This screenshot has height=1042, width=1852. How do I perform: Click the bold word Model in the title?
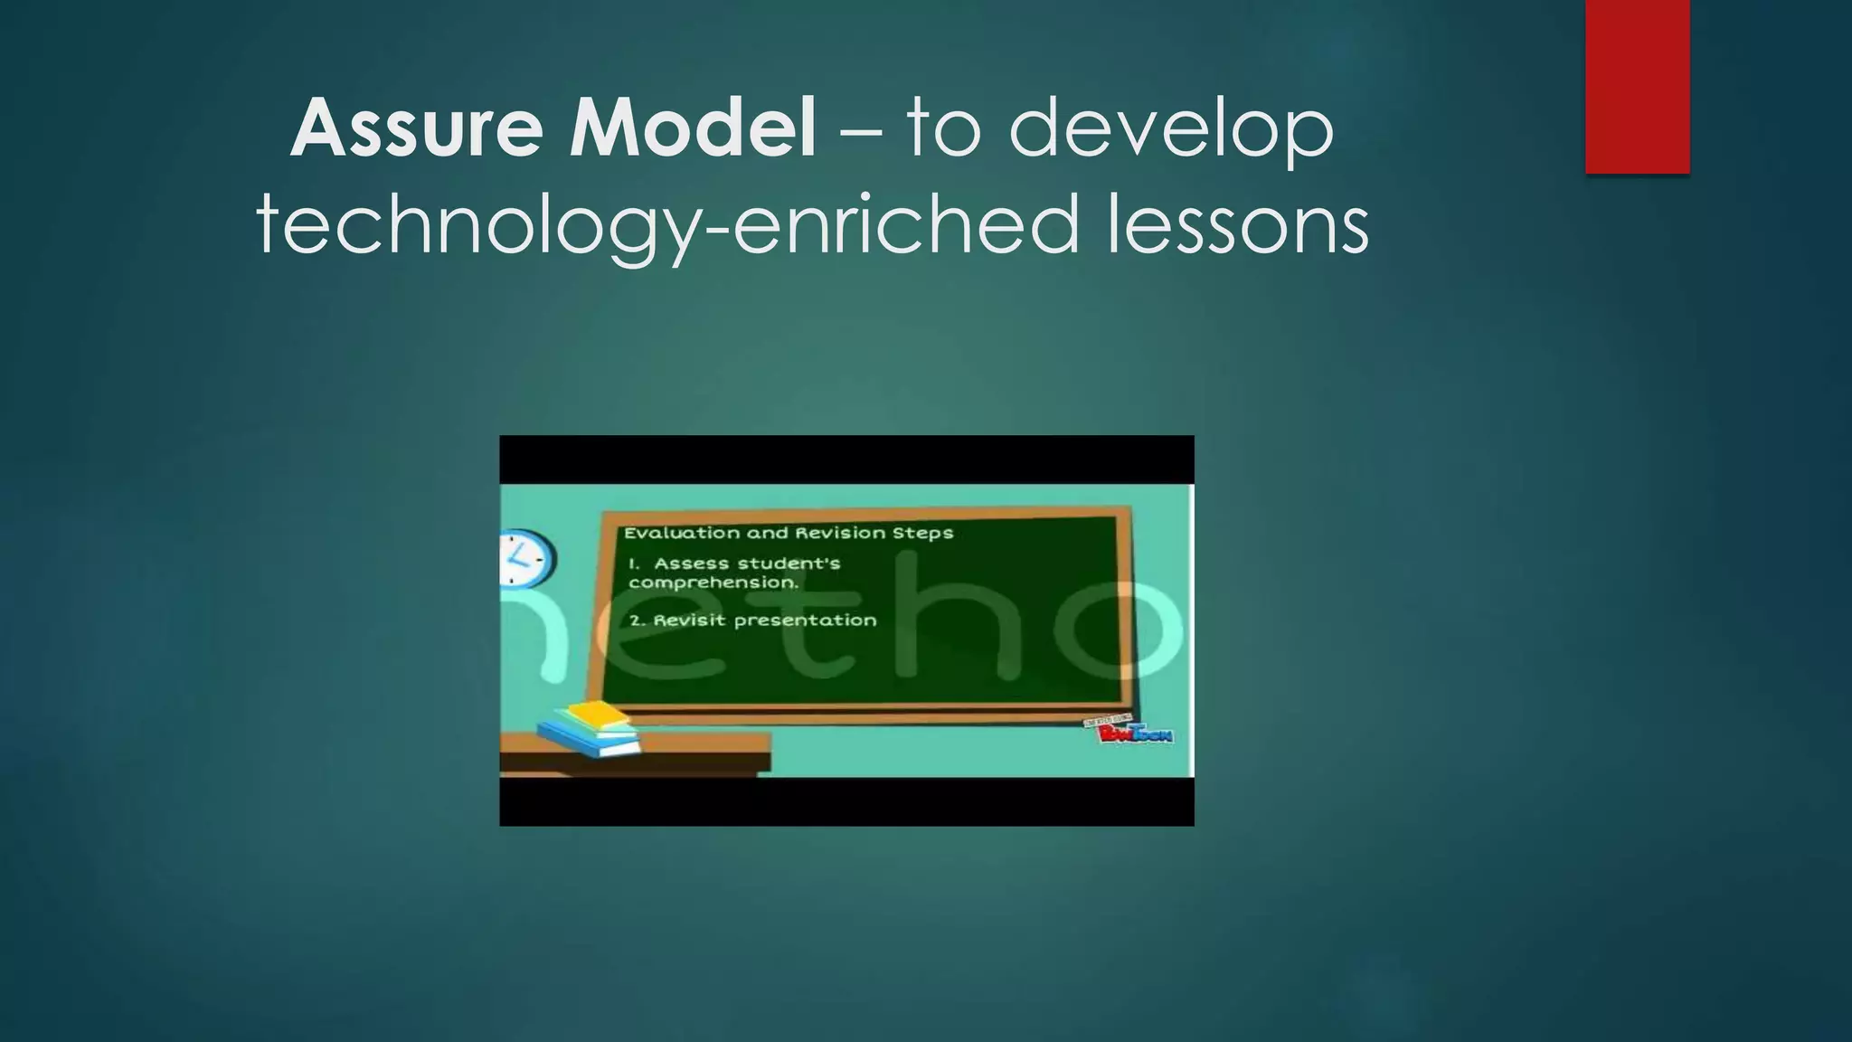click(x=692, y=128)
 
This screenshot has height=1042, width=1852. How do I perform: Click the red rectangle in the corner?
click(x=1637, y=86)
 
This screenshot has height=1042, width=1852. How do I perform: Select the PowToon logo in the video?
click(x=1133, y=731)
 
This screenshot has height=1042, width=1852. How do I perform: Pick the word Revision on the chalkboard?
click(x=840, y=533)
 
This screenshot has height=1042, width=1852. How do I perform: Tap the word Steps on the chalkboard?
click(x=922, y=534)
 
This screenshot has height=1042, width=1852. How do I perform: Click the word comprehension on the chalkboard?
click(x=713, y=583)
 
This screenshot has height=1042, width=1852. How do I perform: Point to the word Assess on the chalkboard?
click(x=692, y=564)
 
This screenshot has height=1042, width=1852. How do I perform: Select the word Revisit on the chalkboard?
click(x=689, y=620)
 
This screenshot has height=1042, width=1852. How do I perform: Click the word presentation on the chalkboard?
click(x=805, y=621)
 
